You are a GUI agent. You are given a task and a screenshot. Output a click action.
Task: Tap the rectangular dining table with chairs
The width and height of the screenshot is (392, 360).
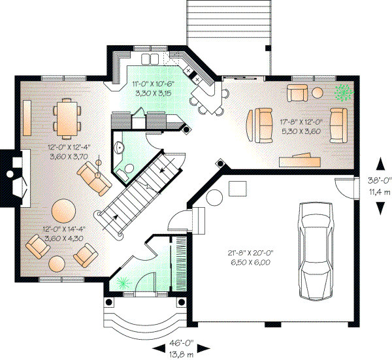tap(66, 118)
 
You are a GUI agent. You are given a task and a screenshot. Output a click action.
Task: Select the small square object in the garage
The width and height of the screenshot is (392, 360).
tap(237, 188)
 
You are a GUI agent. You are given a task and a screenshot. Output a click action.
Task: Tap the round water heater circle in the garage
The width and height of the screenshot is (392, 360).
tap(214, 197)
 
